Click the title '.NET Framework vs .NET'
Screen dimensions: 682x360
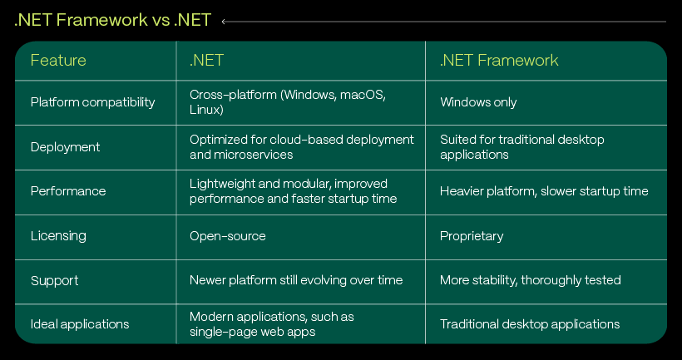pyautogui.click(x=112, y=21)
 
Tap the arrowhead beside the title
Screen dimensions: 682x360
pyautogui.click(x=224, y=22)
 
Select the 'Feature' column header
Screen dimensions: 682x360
pyautogui.click(x=58, y=60)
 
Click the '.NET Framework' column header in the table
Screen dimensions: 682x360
pyautogui.click(x=499, y=60)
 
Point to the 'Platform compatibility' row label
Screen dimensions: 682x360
pyautogui.click(x=92, y=102)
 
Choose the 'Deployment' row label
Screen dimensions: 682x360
pyautogui.click(x=65, y=147)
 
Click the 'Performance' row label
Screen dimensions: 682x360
pyautogui.click(x=68, y=191)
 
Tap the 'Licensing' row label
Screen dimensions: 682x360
pyautogui.click(x=58, y=235)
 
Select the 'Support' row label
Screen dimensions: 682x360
pyautogui.click(x=54, y=280)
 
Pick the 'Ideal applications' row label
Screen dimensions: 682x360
pyautogui.click(x=80, y=324)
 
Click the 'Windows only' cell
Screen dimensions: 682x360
pyautogui.click(x=478, y=102)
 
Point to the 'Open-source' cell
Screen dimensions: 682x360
pyautogui.click(x=228, y=236)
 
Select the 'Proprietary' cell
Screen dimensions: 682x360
pyautogui.click(x=472, y=236)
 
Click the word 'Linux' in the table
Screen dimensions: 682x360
pyautogui.click(x=206, y=110)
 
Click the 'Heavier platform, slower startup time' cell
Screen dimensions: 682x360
pyautogui.click(x=544, y=191)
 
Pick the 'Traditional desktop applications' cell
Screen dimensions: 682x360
pyautogui.click(x=530, y=324)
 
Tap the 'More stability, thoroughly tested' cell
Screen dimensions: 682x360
pyautogui.click(x=530, y=280)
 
